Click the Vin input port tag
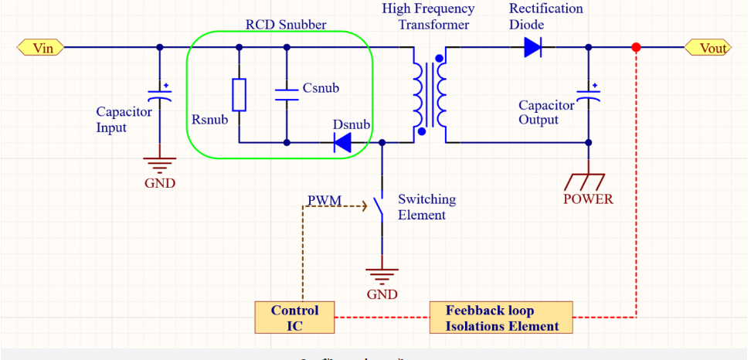[x=41, y=48]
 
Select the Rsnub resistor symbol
[x=239, y=94]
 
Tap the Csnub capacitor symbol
[x=287, y=93]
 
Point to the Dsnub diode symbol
[x=342, y=142]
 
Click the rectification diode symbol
[x=532, y=48]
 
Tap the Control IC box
[x=294, y=318]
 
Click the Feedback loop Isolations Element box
[x=501, y=318]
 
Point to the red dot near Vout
[x=636, y=48]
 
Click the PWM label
[x=324, y=201]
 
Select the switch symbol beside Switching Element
[x=379, y=206]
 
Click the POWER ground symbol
[x=587, y=182]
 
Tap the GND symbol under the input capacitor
[x=160, y=165]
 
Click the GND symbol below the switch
[x=381, y=275]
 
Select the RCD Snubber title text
[x=286, y=25]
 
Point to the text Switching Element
[x=426, y=207]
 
